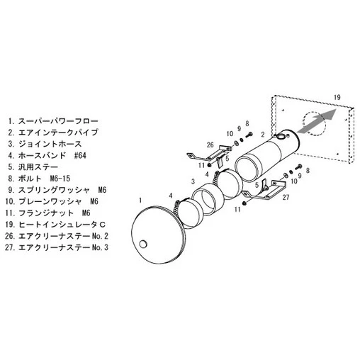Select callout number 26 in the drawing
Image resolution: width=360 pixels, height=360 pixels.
[x=210, y=145]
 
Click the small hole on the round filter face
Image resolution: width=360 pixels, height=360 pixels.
[x=144, y=244]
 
